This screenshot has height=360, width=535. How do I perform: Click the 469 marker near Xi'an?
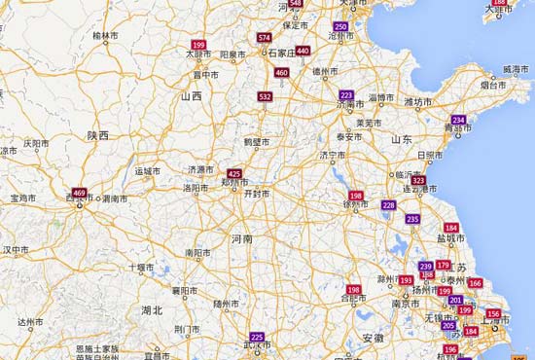click(x=79, y=193)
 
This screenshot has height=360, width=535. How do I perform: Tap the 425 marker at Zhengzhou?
click(x=234, y=173)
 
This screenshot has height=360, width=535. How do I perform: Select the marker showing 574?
click(x=265, y=37)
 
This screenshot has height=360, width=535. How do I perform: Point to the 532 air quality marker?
click(x=266, y=97)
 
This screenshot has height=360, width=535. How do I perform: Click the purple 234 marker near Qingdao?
click(x=459, y=120)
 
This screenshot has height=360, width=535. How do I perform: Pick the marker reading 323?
click(x=418, y=181)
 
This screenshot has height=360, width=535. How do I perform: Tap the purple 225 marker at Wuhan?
click(x=257, y=337)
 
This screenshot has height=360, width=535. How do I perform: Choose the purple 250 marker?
click(x=339, y=26)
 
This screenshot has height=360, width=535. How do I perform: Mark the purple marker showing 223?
click(x=346, y=94)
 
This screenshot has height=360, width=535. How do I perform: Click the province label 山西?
click(x=191, y=96)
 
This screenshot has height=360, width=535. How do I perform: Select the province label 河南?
click(x=241, y=237)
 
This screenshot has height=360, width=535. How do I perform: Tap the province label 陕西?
click(x=97, y=135)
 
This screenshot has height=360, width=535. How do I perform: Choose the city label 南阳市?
click(x=198, y=252)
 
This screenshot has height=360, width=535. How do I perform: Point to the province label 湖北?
click(x=151, y=310)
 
